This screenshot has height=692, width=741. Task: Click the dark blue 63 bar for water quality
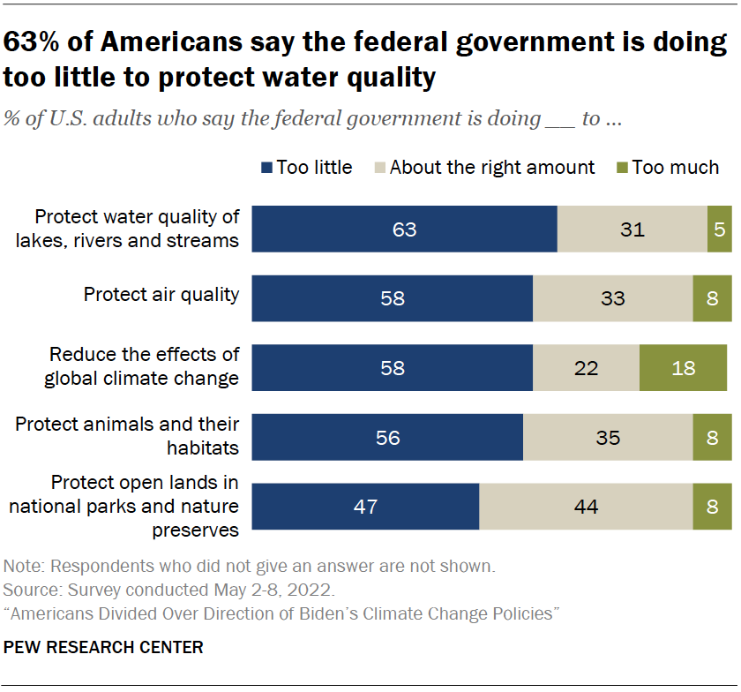click(x=405, y=229)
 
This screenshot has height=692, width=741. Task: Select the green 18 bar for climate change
click(x=684, y=367)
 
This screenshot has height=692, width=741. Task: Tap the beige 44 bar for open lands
click(x=586, y=507)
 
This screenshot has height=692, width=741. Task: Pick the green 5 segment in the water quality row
click(x=719, y=229)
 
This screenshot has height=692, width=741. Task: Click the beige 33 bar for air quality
click(x=613, y=298)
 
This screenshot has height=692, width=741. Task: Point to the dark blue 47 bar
click(x=365, y=507)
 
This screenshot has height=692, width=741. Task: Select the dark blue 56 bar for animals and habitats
click(x=388, y=438)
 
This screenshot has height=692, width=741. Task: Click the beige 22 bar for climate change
click(x=586, y=367)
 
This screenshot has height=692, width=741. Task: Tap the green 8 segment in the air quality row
click(x=713, y=298)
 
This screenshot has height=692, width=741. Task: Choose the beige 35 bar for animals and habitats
click(x=608, y=438)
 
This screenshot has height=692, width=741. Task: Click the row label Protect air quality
click(x=161, y=294)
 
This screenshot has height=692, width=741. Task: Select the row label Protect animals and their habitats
click(x=127, y=435)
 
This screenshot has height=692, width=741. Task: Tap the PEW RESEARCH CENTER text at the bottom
click(x=103, y=647)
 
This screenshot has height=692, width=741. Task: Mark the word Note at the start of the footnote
click(x=21, y=566)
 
